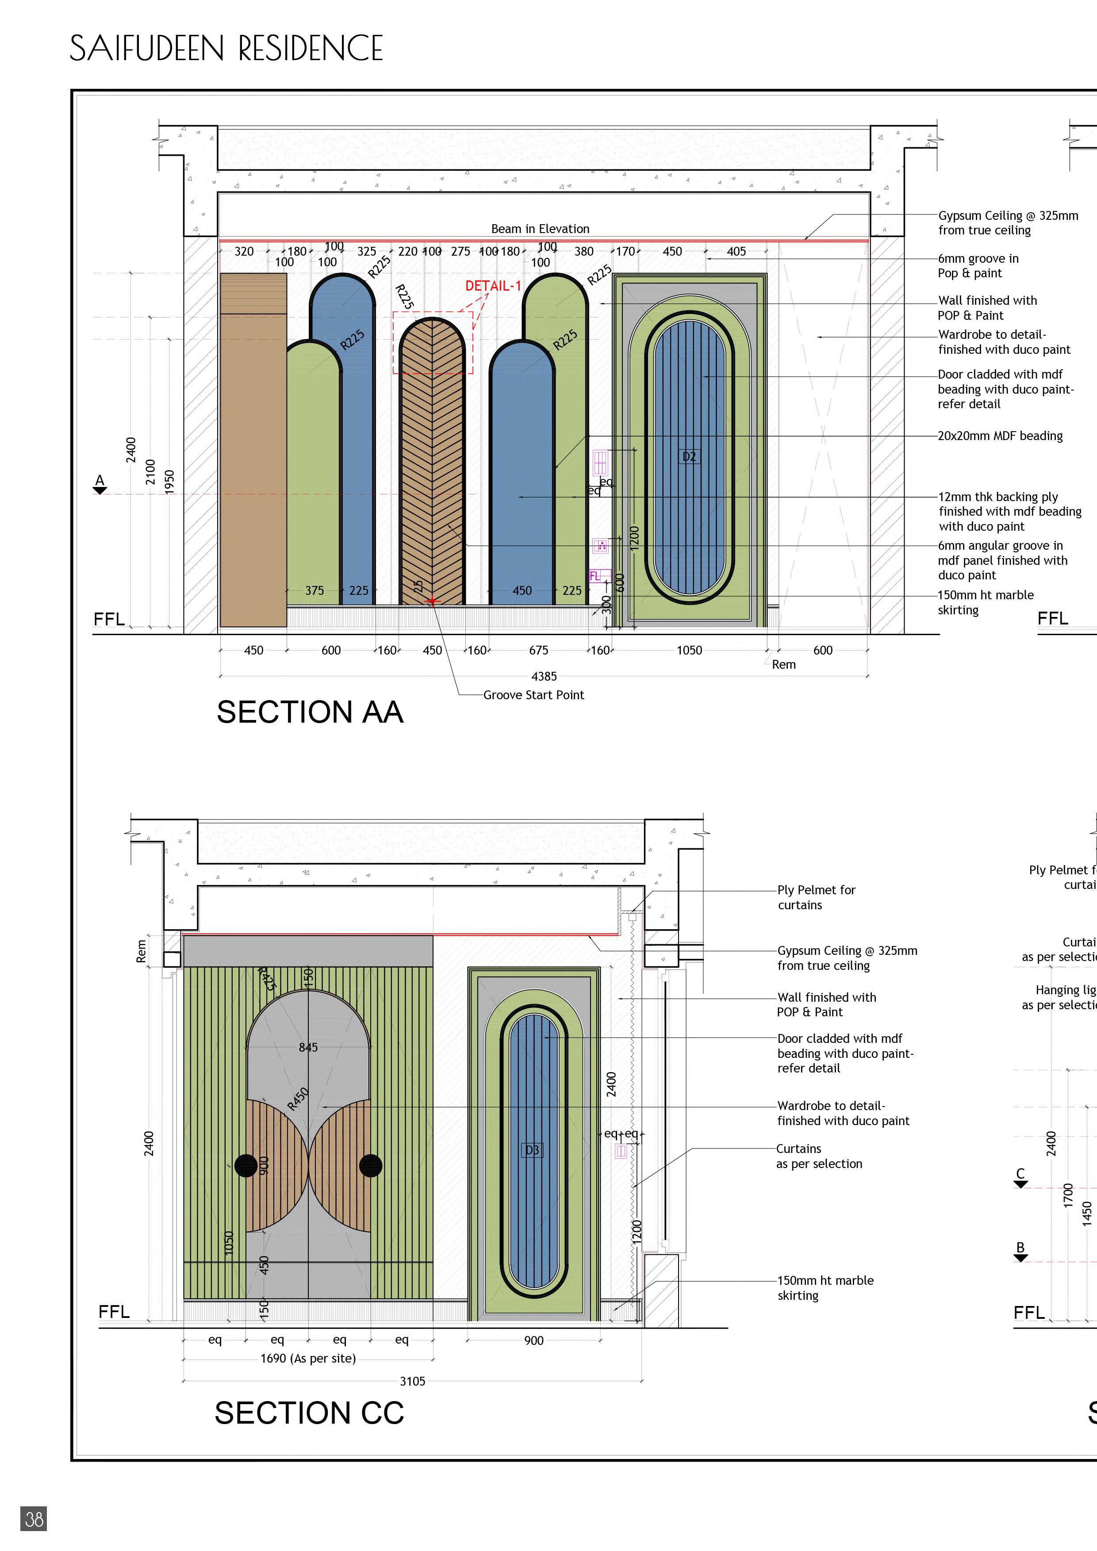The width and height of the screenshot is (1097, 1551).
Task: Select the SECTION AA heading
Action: (x=309, y=712)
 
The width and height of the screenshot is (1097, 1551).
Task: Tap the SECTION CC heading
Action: (x=309, y=1413)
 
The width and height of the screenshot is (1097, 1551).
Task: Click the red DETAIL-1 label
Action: (x=492, y=286)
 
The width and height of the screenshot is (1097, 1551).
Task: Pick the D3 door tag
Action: (x=532, y=1150)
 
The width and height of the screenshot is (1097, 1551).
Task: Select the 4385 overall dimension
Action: (x=544, y=676)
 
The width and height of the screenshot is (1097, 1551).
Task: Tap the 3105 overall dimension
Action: (x=412, y=1381)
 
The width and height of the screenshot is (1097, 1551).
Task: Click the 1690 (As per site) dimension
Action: (x=308, y=1358)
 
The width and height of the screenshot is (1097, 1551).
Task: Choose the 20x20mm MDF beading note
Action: (x=1000, y=436)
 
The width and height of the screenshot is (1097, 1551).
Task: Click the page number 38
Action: (x=34, y=1519)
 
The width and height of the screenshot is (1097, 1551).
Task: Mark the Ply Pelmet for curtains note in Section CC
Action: (x=816, y=897)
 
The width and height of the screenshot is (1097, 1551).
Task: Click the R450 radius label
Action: (x=298, y=1099)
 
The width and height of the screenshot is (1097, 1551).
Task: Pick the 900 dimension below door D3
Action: (x=533, y=1340)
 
